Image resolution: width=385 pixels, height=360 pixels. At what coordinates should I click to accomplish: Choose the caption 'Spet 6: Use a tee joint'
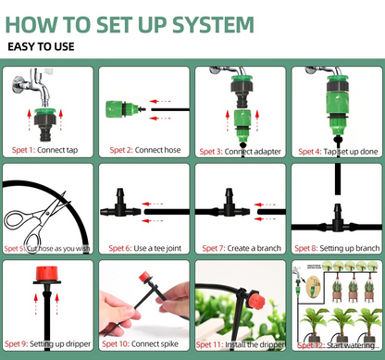coord(143,247)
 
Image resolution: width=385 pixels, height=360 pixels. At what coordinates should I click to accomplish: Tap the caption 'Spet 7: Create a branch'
coord(240,247)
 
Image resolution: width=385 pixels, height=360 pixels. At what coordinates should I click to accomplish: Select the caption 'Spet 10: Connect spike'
coord(143,344)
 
